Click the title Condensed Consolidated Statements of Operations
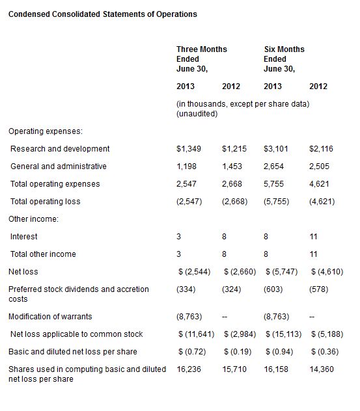click(103, 14)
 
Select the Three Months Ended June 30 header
click(202, 59)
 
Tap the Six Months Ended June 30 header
click(284, 59)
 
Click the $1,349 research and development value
click(189, 149)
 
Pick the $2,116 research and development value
click(321, 149)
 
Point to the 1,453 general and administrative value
click(232, 166)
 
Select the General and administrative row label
click(58, 166)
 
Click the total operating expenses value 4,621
click(319, 184)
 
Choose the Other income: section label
click(33, 219)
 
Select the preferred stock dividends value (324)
click(232, 289)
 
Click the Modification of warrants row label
click(50, 317)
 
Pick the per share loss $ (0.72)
click(192, 352)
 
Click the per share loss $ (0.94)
click(279, 352)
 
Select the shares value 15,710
click(234, 369)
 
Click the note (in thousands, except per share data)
click(243, 104)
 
